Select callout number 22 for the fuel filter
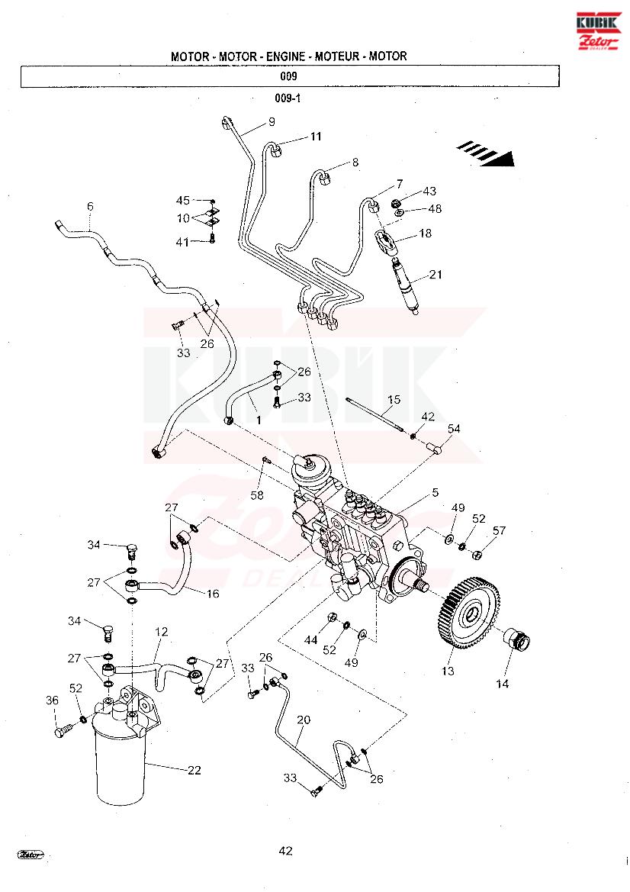click(194, 770)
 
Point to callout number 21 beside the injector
click(436, 275)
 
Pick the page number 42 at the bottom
click(286, 851)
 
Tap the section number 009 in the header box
click(288, 76)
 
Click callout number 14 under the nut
click(502, 684)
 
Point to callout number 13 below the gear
click(448, 671)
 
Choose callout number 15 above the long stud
click(394, 399)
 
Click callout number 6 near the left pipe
click(90, 206)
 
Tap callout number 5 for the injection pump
click(435, 492)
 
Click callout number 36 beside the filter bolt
click(52, 700)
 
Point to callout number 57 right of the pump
click(500, 530)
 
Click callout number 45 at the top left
click(183, 200)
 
